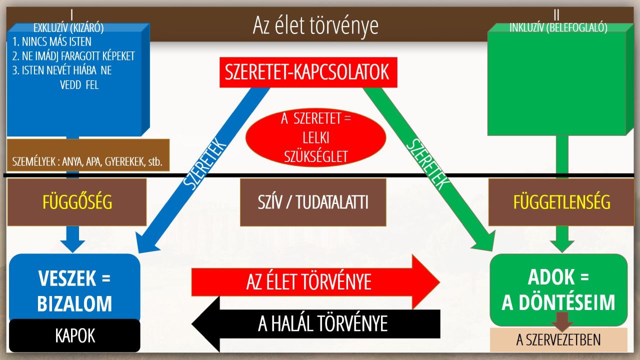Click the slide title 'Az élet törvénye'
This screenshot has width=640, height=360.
[315, 25]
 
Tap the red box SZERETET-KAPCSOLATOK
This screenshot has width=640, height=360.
[308, 72]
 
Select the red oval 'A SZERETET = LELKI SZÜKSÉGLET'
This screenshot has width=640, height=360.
[315, 137]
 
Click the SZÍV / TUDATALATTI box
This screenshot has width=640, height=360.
[313, 202]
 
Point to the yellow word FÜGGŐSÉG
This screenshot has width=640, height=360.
[77, 202]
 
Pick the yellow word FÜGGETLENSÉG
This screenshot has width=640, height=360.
[561, 202]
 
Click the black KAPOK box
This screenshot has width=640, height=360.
[75, 335]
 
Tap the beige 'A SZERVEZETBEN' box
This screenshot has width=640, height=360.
[558, 339]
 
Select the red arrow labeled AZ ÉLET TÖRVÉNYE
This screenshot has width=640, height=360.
[315, 282]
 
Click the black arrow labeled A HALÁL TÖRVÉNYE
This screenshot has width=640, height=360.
[316, 324]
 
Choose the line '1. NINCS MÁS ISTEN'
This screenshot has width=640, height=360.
[51, 42]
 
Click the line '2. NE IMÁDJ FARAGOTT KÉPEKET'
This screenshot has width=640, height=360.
[73, 56]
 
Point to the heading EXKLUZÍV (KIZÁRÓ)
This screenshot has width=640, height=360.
[68, 28]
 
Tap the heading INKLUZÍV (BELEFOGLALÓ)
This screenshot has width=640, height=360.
[558, 27]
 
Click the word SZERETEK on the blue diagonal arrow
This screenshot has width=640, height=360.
[204, 163]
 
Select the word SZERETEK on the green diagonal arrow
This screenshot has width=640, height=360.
[427, 164]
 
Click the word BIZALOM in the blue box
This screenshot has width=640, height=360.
[74, 303]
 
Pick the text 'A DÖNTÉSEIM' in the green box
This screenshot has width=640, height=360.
[558, 302]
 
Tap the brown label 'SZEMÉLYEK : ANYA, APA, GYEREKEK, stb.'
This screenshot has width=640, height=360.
[87, 161]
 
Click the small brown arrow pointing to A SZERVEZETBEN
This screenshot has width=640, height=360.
[562, 321]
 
